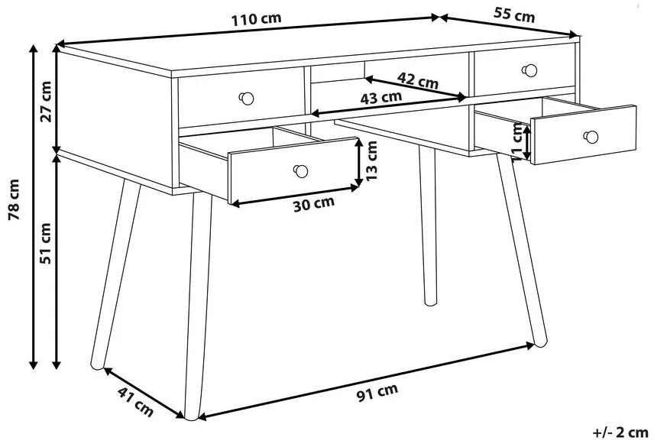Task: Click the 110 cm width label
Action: (x=256, y=19)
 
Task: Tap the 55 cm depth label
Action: (x=514, y=15)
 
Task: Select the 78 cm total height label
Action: (x=15, y=199)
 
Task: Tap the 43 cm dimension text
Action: (x=380, y=98)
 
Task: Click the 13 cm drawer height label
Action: (x=371, y=160)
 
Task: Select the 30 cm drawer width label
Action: (x=314, y=203)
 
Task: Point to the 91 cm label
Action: (x=378, y=393)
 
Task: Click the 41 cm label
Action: (x=135, y=402)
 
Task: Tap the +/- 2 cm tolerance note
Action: (x=620, y=432)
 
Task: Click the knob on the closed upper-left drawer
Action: (x=247, y=99)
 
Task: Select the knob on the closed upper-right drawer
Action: (x=529, y=70)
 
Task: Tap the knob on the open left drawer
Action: (x=300, y=170)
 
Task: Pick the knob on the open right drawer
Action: (x=591, y=137)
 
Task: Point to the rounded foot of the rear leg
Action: (x=430, y=300)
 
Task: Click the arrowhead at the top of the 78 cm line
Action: (x=34, y=48)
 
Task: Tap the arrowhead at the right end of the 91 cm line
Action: (x=530, y=345)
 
